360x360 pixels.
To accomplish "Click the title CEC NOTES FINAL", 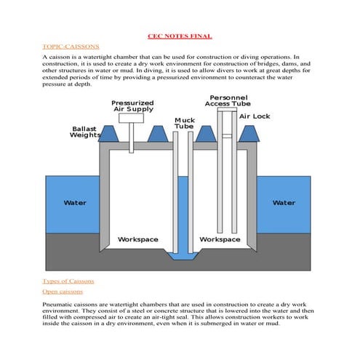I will coord(180,36).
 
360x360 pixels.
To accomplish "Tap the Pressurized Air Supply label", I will coord(132,106).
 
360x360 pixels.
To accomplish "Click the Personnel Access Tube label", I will coord(229,100).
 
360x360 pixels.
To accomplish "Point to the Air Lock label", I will coord(255,116).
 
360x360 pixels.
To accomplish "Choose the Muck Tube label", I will coord(184,123).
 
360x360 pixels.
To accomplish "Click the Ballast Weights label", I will coord(85,132).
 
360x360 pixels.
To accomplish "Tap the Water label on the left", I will coord(75,203).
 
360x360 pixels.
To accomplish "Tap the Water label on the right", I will coord(284,203).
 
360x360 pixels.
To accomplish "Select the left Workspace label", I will coord(138,239).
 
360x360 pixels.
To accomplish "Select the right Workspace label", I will coord(220,239).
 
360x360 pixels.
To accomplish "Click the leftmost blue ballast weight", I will coord(108,133).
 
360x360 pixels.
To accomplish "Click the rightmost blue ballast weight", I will coord(249,133).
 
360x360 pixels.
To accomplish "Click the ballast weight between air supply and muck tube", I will coord(156,133).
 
